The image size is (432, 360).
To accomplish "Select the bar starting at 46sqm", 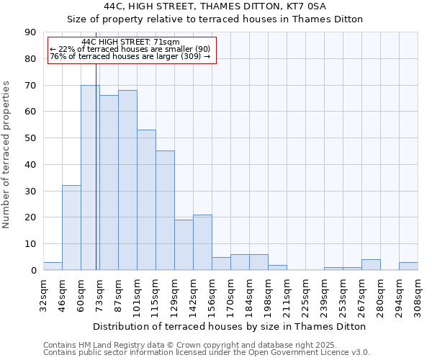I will pyautogui.click(x=71, y=228).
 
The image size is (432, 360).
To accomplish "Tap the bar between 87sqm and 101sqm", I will pyautogui.click(x=127, y=180).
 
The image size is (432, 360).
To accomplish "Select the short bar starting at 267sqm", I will pyautogui.click(x=371, y=264).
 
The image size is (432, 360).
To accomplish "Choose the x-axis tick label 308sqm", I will pyautogui.click(x=418, y=295).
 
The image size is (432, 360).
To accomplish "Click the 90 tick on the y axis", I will pyautogui.click(x=30, y=32).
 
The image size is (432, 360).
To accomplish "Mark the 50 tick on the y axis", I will pyautogui.click(x=30, y=138).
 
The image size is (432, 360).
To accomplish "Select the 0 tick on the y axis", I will pyautogui.click(x=33, y=270).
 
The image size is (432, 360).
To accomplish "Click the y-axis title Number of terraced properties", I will pyautogui.click(x=7, y=155).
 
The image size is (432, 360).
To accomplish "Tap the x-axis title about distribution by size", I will pyautogui.click(x=230, y=326).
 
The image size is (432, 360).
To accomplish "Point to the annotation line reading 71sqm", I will pyautogui.click(x=131, y=42).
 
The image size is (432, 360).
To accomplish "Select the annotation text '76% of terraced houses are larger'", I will pyautogui.click(x=130, y=56).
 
